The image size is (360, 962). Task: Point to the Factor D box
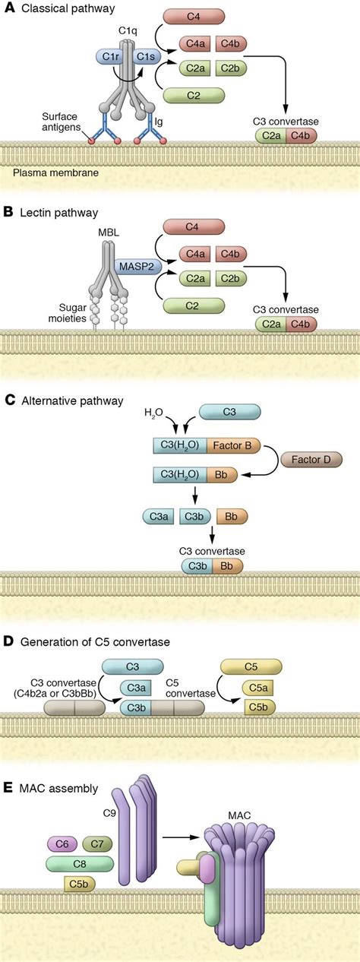[x=311, y=460]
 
